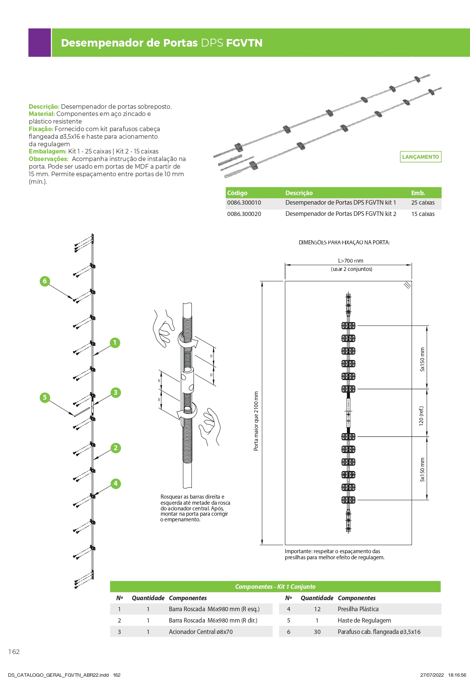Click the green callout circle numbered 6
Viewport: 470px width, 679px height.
click(x=45, y=281)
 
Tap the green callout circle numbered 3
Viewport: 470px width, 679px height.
click(x=116, y=393)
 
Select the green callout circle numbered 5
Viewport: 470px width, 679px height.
click(x=45, y=397)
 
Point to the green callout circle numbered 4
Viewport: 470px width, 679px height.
click(x=116, y=483)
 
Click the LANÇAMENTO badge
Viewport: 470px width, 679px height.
click(x=420, y=157)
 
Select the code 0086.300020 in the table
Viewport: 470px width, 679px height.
click(x=244, y=214)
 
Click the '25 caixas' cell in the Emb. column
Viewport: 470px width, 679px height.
click(x=423, y=203)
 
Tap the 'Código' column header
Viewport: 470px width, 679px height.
click(x=237, y=193)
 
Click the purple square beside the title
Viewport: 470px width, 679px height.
click(x=39, y=43)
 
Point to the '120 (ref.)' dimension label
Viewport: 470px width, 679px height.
click(x=421, y=416)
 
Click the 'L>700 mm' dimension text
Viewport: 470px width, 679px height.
click(x=350, y=261)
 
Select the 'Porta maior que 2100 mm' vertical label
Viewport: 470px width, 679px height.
click(x=256, y=421)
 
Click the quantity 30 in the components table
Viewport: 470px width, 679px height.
click(x=317, y=632)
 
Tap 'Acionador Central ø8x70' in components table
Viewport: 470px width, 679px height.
click(x=201, y=632)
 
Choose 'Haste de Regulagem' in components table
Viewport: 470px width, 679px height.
click(x=364, y=620)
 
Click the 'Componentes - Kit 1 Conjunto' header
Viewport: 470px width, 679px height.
click(x=275, y=587)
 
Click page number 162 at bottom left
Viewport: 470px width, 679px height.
click(x=14, y=652)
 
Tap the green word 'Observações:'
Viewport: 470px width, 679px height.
click(x=48, y=159)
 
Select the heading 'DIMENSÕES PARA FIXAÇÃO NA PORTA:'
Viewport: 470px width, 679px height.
click(x=344, y=242)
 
